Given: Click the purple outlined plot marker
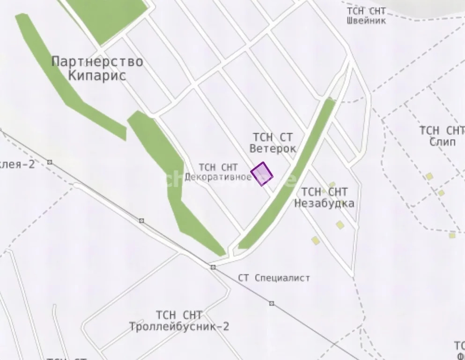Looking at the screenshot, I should point(262,173).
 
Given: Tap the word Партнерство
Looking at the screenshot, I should point(97,61).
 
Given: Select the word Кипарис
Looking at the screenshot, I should point(97,75).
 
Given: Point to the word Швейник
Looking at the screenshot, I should point(367,21).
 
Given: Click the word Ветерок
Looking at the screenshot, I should point(273,149).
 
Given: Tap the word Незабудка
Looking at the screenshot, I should point(324,203).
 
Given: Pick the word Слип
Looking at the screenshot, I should point(442,142).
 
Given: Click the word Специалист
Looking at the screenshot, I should point(283,278).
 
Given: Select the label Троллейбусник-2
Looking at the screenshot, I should point(179,327).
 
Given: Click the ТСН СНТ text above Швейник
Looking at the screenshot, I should point(366,11).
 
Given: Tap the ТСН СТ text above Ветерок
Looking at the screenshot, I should point(273,137).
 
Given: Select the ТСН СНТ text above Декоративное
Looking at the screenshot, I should point(218,167).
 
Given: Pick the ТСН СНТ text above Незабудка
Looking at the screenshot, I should point(324,192).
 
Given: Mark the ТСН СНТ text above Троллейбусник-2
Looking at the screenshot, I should point(179,315).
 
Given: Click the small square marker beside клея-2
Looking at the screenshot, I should point(50,162).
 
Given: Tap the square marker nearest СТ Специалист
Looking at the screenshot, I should point(213,267).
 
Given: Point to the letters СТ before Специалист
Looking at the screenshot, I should point(243,278).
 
